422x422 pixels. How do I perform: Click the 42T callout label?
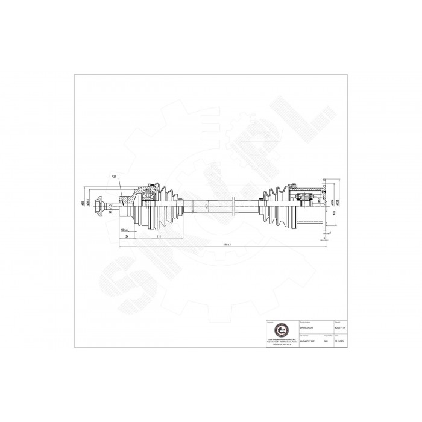(x=113, y=177)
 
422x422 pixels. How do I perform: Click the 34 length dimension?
(x=127, y=238)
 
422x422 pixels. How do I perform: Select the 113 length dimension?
(x=158, y=238)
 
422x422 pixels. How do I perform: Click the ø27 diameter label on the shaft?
(x=207, y=206)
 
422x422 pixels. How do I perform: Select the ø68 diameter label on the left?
(x=82, y=204)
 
